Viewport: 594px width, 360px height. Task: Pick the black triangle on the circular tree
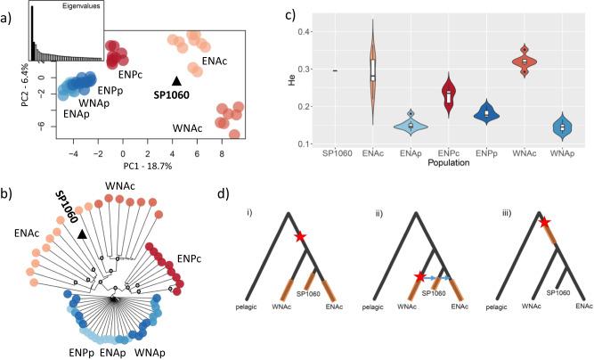[83, 233]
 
